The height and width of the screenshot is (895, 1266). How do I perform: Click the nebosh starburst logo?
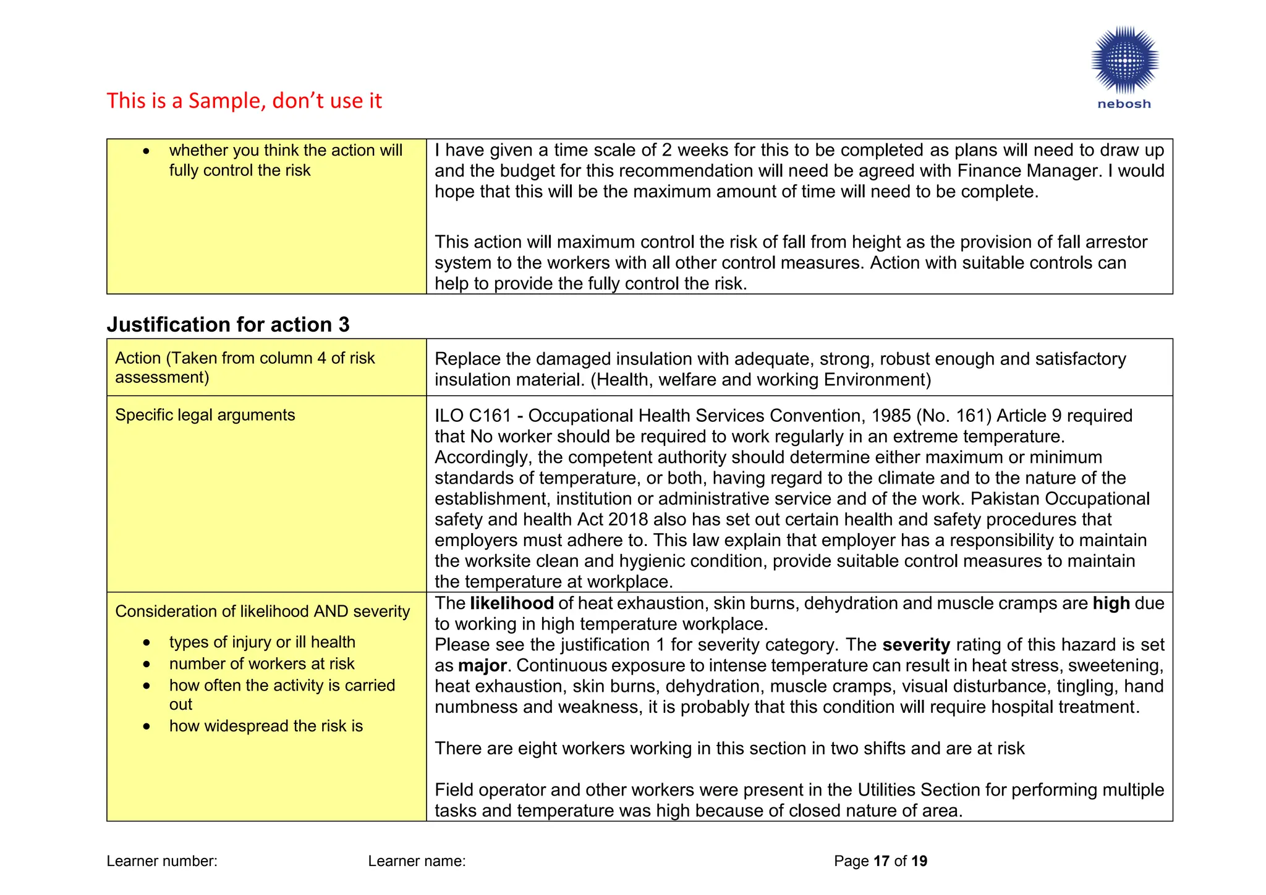[1124, 60]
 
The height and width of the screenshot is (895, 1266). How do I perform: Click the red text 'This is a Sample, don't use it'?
[244, 101]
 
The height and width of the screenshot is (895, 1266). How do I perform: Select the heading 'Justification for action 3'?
[228, 325]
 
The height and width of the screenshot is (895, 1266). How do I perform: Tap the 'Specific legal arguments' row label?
[205, 415]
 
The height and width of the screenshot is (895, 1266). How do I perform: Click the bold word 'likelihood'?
[511, 603]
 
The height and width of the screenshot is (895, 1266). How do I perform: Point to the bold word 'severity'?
[916, 645]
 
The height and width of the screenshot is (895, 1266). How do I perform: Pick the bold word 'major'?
[482, 666]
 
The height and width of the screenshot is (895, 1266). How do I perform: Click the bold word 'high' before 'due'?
[1111, 603]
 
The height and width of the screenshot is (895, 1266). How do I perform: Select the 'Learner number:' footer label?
[162, 861]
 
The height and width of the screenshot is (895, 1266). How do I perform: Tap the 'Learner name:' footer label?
[417, 861]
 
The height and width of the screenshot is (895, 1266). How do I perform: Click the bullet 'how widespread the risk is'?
[266, 726]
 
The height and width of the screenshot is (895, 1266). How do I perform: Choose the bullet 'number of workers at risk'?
[261, 664]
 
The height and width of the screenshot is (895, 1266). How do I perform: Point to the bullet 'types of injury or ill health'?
[262, 642]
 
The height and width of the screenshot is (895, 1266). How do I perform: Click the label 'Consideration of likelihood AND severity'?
[262, 611]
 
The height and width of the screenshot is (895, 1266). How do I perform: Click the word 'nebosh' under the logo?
[1124, 104]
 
